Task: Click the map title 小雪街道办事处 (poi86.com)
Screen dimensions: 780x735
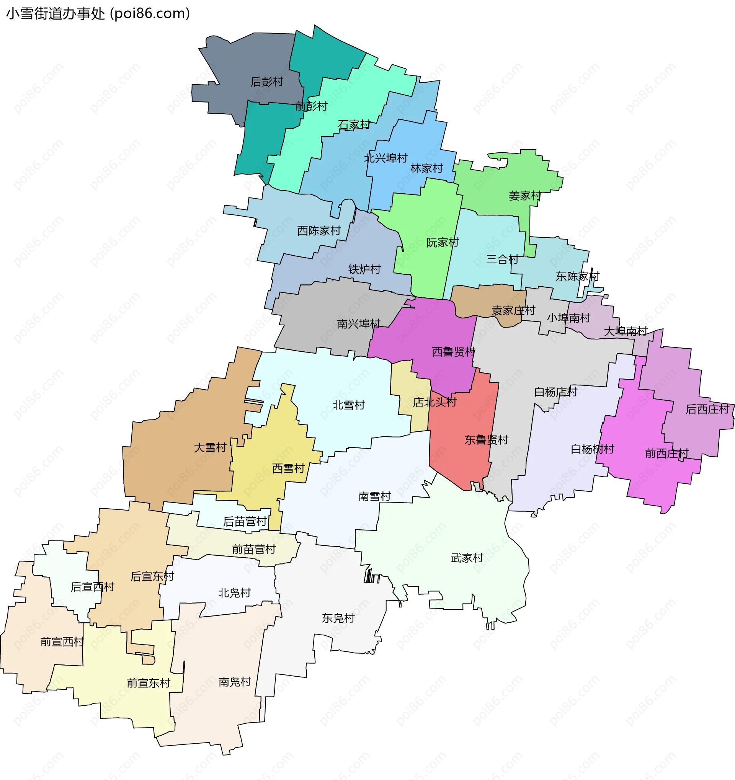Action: (98, 14)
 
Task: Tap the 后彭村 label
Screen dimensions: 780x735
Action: (267, 82)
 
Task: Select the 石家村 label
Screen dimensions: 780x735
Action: (354, 125)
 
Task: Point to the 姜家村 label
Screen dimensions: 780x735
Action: (525, 196)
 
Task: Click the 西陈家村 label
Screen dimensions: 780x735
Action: (318, 231)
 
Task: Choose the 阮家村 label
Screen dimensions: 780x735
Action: (443, 243)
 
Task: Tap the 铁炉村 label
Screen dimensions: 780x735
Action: (364, 269)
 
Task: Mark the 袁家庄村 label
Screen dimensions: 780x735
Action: (513, 311)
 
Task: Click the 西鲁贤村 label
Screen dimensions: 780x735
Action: (453, 352)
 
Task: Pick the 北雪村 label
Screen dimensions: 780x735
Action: (348, 405)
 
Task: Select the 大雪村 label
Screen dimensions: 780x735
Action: (210, 448)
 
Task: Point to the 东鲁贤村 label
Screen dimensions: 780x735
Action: (486, 440)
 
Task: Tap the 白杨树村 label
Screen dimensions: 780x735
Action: (592, 449)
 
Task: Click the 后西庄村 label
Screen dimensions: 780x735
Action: (707, 410)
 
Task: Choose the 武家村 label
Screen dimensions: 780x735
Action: (467, 558)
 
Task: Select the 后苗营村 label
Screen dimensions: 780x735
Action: (245, 522)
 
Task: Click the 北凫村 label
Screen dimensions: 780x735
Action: (234, 593)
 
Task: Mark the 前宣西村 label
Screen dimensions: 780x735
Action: (62, 642)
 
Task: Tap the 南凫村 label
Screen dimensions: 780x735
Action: (235, 682)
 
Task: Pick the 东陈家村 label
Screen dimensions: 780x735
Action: (577, 277)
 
